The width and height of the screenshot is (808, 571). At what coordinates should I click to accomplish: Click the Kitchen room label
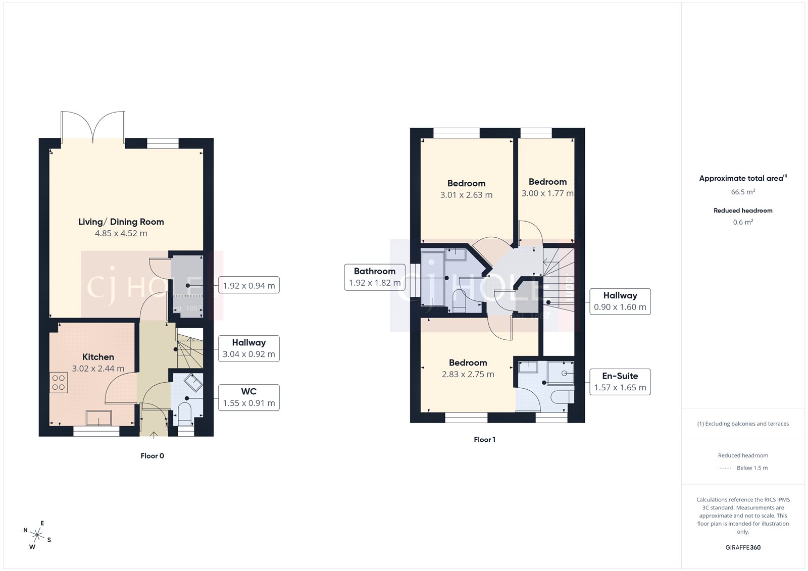tap(98, 357)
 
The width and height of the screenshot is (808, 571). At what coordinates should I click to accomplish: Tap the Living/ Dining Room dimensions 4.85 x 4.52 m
tap(121, 233)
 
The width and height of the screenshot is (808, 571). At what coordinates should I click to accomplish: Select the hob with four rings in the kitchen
tap(59, 382)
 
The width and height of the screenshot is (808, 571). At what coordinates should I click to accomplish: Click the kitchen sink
tap(98, 418)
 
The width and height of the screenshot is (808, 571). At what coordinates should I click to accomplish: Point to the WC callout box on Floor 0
tap(248, 397)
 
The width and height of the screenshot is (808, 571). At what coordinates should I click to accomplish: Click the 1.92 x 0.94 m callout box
tap(248, 285)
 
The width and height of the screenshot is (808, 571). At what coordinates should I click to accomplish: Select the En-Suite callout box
tap(620, 382)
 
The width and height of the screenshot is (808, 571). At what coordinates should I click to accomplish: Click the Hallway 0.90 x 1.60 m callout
tap(620, 301)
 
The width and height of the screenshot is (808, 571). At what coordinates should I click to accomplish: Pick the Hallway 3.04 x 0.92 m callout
tap(248, 348)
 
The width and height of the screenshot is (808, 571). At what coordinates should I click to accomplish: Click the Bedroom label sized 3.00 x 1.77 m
tap(547, 182)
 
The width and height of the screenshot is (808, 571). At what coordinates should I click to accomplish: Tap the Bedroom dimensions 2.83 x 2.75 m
tap(468, 374)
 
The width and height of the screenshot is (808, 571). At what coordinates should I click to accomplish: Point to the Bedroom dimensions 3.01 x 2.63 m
tap(466, 195)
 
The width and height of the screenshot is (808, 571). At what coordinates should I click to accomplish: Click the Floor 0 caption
tap(152, 456)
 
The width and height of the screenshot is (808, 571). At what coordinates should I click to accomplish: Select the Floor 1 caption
tap(484, 440)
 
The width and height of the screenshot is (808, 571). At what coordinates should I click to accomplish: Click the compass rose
tap(37, 534)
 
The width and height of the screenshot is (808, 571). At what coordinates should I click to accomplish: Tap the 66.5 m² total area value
tap(743, 192)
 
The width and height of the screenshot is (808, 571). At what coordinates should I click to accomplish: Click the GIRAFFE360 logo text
tap(743, 547)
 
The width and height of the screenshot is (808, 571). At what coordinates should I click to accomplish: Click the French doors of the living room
tap(93, 126)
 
